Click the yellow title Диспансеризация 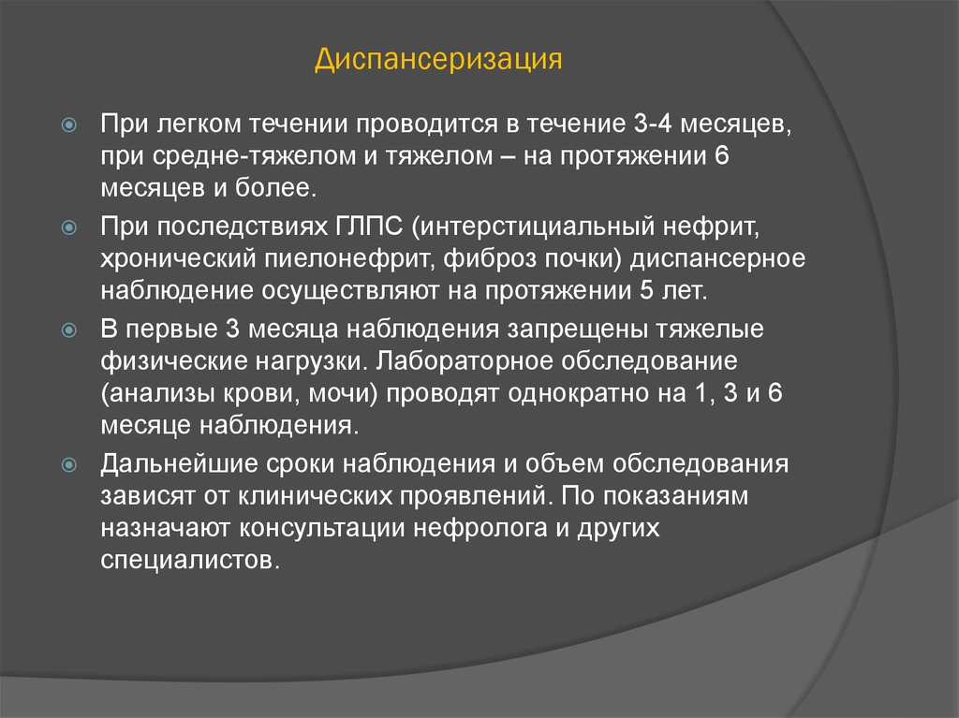[x=438, y=60]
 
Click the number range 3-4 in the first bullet [x=653, y=124]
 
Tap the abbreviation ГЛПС [x=369, y=227]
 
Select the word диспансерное [x=717, y=259]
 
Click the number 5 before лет [x=646, y=290]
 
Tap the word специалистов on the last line [x=190, y=560]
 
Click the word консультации [x=322, y=528]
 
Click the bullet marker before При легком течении [x=69, y=125]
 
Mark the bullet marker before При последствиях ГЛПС [x=69, y=228]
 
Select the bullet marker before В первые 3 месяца [x=69, y=330]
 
